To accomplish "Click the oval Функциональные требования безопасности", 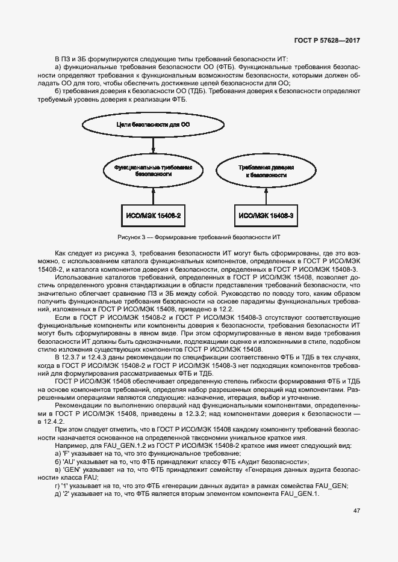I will coord(154,170).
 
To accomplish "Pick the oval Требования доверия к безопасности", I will coord(266,170).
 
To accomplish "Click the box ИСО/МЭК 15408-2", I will coord(154,215).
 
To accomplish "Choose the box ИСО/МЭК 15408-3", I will coord(266,215).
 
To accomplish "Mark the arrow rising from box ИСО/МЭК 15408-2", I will coord(154,195).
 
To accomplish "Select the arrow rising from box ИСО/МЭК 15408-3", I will coord(266,195).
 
